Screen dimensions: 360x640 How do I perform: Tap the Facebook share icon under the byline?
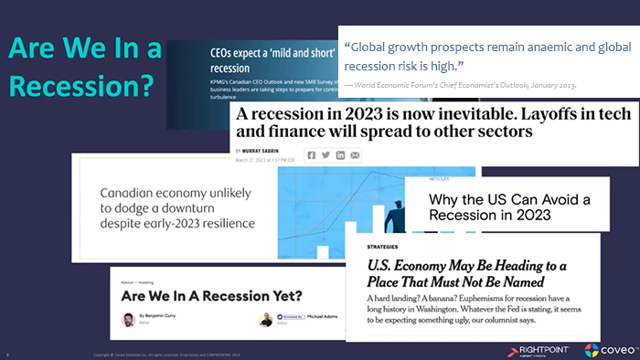[311, 155]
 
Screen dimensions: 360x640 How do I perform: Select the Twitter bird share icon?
[325, 155]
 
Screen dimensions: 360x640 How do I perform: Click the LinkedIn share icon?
[340, 155]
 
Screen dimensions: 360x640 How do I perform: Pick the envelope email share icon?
[355, 155]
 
